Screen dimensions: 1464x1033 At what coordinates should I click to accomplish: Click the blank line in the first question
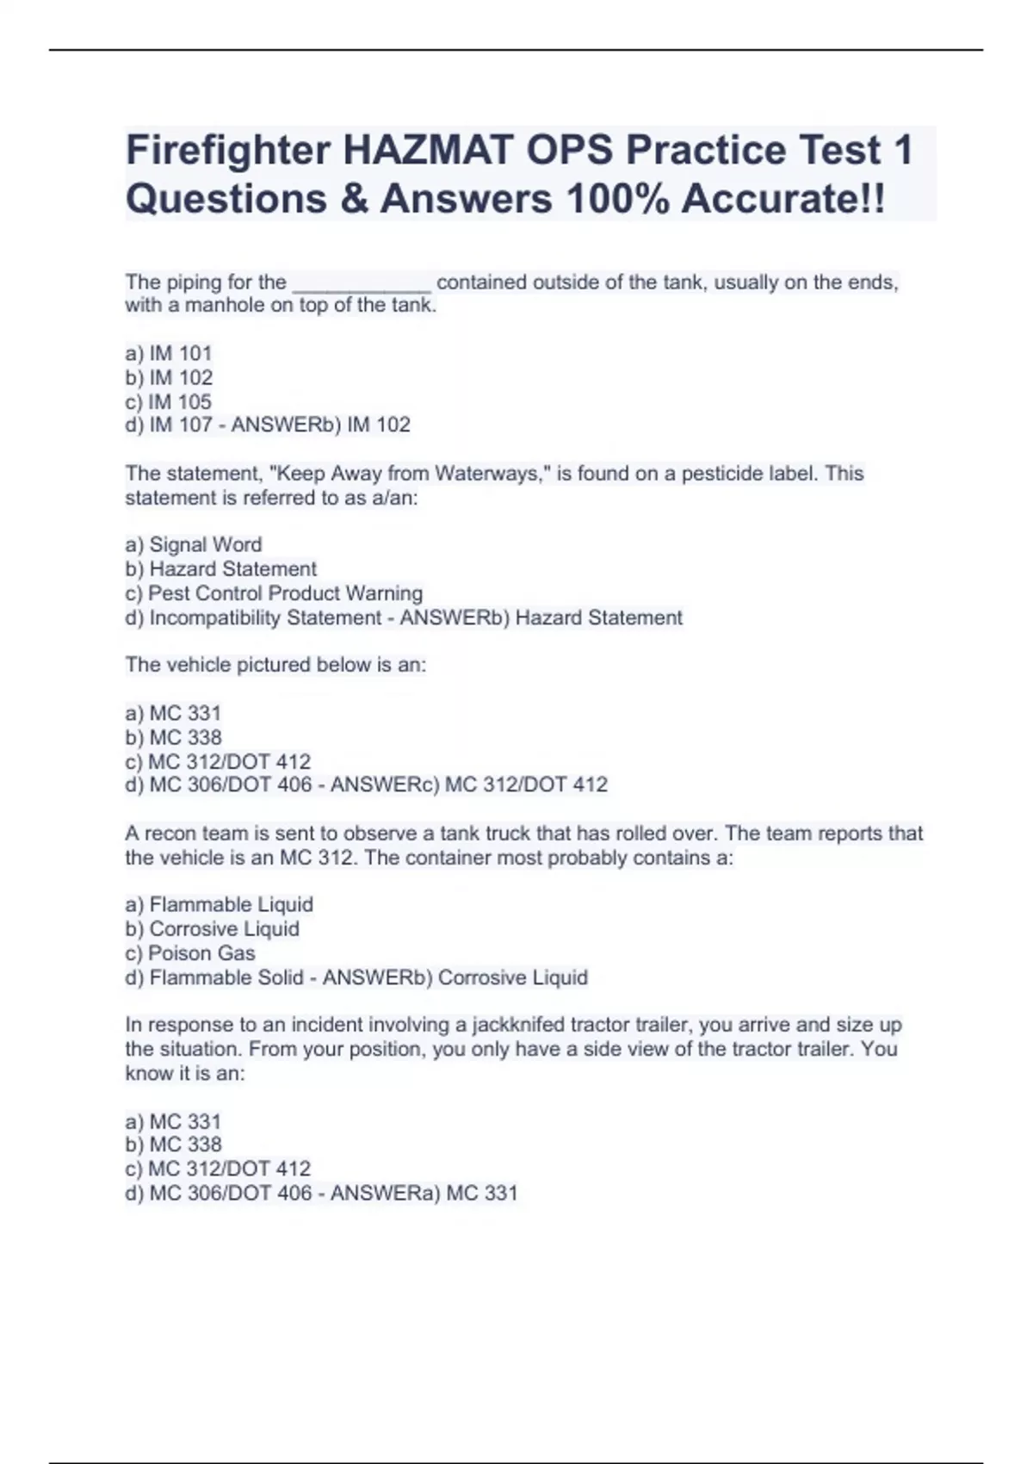[x=362, y=283]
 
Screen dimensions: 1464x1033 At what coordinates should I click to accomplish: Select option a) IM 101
[x=168, y=353]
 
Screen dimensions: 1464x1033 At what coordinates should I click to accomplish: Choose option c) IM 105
[x=168, y=401]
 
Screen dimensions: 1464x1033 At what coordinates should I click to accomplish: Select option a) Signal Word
[x=194, y=544]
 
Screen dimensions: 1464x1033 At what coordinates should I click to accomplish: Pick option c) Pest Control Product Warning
[x=274, y=593]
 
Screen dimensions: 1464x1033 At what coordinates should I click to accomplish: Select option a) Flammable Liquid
[x=219, y=904]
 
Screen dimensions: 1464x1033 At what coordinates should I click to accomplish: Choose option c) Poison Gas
[x=190, y=953]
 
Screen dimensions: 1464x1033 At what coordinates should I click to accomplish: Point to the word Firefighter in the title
[x=228, y=151]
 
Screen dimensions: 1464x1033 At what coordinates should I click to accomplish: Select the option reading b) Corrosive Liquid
[x=212, y=928]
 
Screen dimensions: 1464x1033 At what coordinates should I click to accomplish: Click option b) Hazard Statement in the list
[x=220, y=569]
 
